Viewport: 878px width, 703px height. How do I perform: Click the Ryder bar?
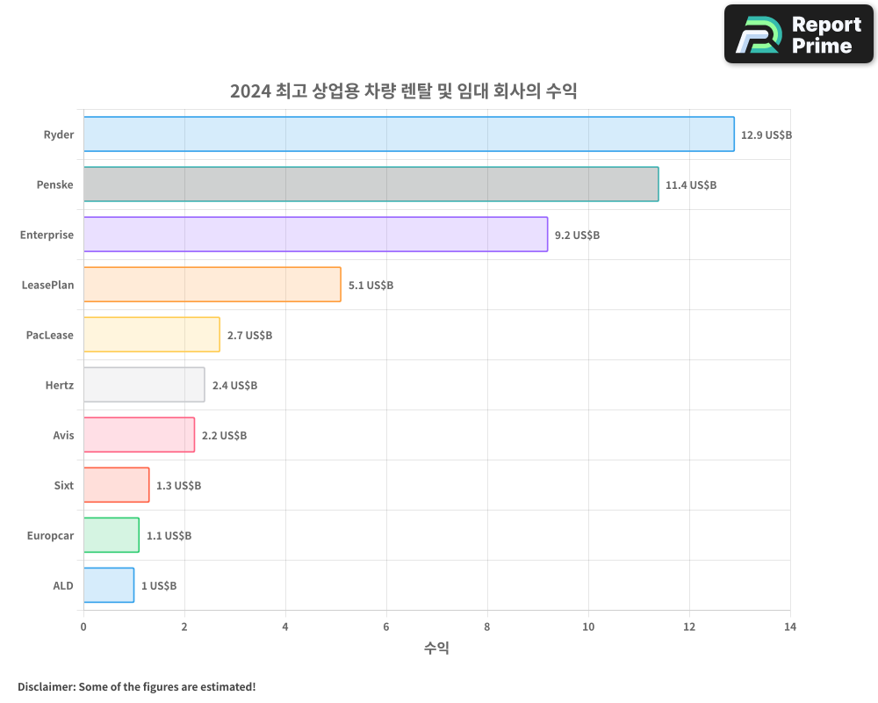click(x=408, y=134)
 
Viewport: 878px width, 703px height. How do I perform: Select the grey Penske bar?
click(x=371, y=185)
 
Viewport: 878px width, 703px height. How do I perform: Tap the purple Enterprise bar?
click(x=315, y=235)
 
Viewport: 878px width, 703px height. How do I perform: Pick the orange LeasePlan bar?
click(x=212, y=285)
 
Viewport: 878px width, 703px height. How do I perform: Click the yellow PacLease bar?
click(x=151, y=335)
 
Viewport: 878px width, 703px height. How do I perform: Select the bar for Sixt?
click(x=116, y=485)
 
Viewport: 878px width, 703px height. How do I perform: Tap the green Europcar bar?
click(x=111, y=535)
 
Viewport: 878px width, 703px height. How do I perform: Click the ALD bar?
click(x=108, y=585)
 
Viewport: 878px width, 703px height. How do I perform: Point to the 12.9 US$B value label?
click(x=766, y=135)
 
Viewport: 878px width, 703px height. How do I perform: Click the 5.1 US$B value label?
click(x=371, y=286)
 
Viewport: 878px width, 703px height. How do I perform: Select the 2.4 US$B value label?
click(x=234, y=386)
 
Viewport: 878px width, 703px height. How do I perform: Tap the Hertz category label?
click(x=60, y=385)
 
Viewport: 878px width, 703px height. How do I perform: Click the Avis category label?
click(x=63, y=435)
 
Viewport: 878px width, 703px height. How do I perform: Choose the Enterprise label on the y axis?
click(x=47, y=235)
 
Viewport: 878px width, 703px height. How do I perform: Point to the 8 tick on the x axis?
click(x=487, y=627)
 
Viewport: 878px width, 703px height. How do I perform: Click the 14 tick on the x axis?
click(x=790, y=627)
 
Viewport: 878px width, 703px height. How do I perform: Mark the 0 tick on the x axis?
click(x=83, y=627)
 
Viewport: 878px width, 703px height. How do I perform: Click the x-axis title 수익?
click(x=436, y=649)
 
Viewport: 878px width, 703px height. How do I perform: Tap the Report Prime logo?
click(x=799, y=34)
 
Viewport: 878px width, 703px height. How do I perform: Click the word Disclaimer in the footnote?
click(x=45, y=686)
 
